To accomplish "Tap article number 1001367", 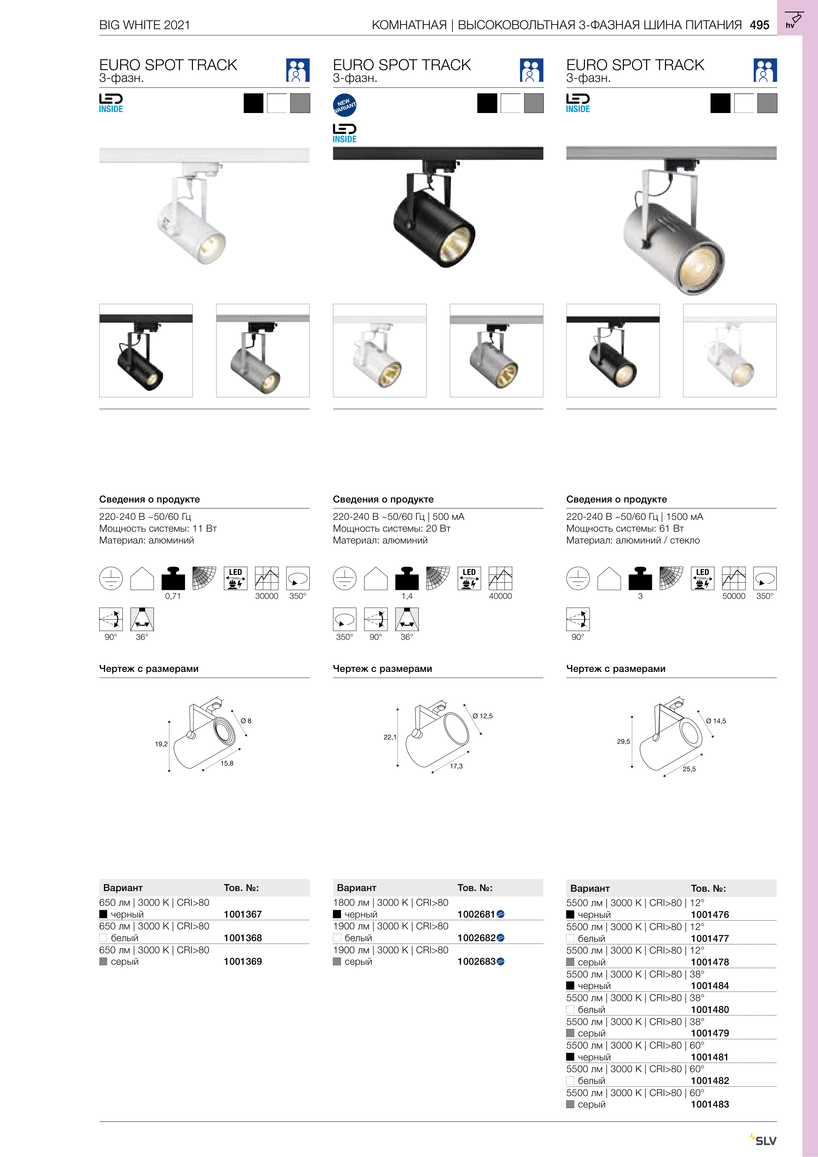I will (242, 914).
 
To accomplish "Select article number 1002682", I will (476, 938).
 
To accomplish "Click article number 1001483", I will (710, 1104).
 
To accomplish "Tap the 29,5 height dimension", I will (623, 741).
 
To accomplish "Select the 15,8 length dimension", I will (227, 763).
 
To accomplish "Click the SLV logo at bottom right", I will (765, 1140).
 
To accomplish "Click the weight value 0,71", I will (173, 596).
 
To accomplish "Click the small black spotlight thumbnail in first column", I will (146, 351).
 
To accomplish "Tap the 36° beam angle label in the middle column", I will (407, 637).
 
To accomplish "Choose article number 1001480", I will (710, 1009).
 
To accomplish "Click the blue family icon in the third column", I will (765, 70).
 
